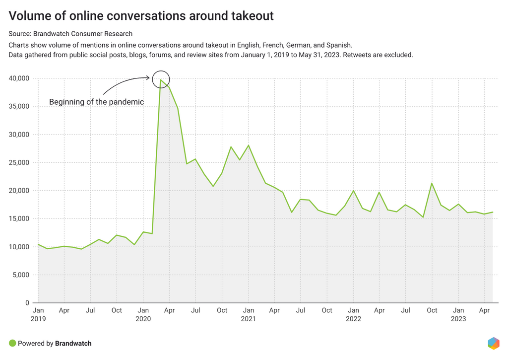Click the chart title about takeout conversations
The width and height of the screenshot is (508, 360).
[141, 16]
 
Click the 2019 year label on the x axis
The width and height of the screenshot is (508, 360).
[38, 319]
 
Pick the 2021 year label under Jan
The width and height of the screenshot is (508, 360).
[248, 319]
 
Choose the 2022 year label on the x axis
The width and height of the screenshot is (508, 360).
[353, 319]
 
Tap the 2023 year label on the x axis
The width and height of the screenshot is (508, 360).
[458, 319]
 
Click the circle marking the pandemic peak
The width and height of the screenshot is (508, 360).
[161, 79]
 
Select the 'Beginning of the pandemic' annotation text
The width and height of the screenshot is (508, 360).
[96, 102]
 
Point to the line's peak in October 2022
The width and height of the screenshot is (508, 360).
[432, 183]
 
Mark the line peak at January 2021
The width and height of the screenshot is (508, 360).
[248, 145]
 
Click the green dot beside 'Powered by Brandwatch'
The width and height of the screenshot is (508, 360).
[12, 343]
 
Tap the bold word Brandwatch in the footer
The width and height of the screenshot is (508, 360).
[73, 343]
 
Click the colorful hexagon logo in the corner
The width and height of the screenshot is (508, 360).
[493, 343]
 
